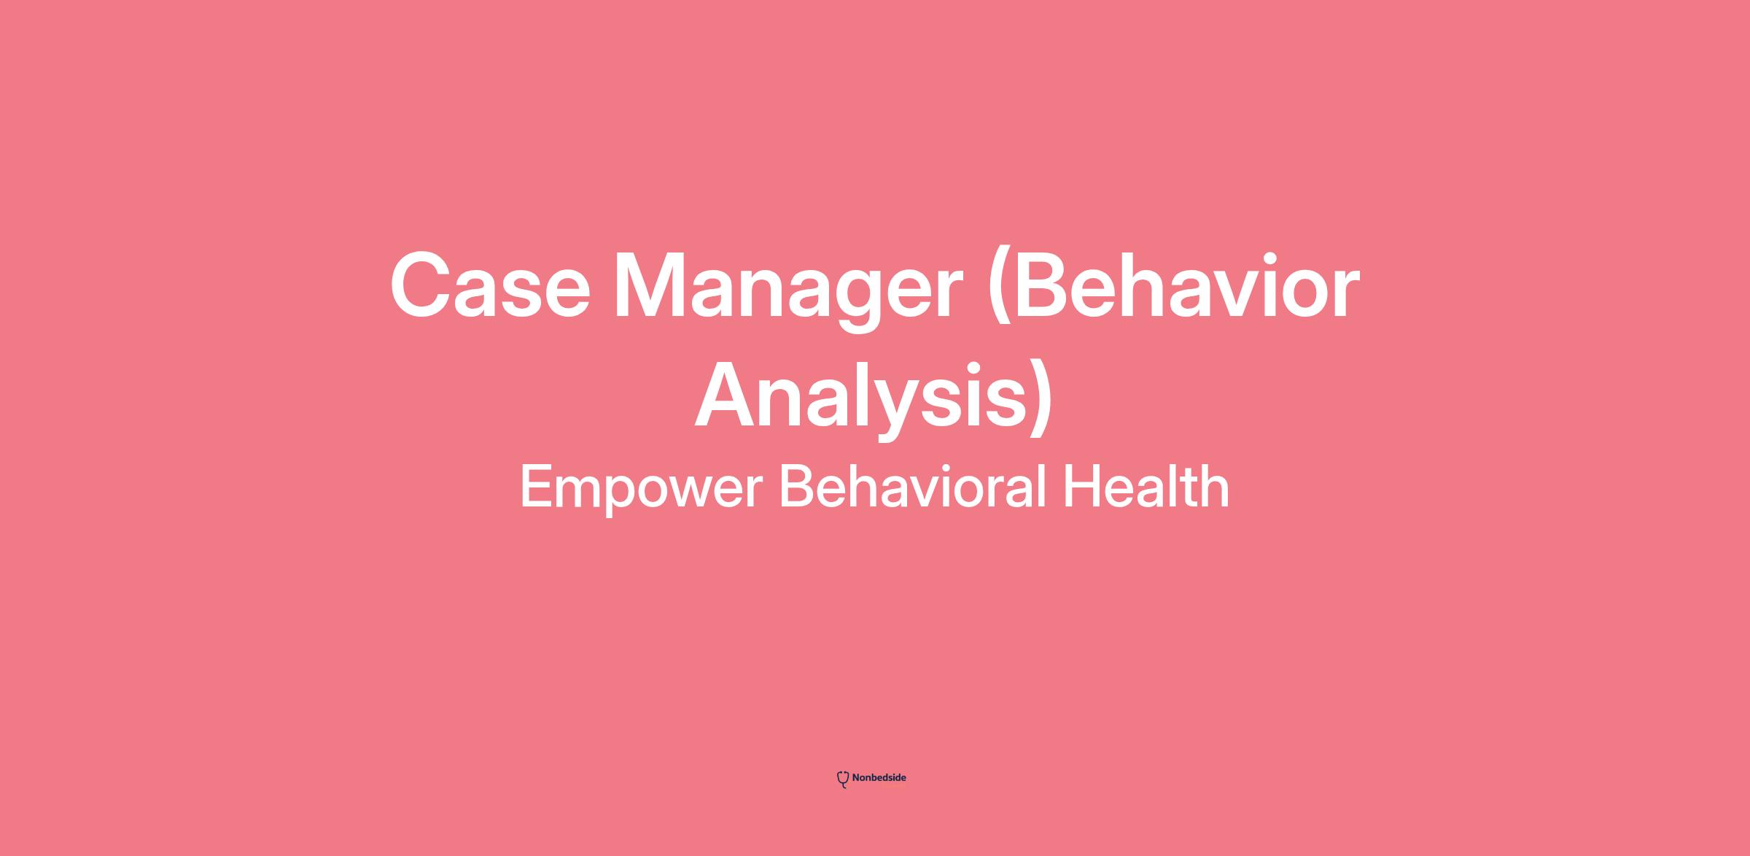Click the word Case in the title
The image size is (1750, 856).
[490, 286]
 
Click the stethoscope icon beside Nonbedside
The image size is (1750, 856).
[843, 779]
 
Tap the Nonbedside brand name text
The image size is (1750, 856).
[879, 778]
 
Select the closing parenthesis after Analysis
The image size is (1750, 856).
[1043, 402]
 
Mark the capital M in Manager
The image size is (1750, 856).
[652, 286]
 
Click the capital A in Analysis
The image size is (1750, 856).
[730, 396]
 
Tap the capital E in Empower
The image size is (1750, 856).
[537, 487]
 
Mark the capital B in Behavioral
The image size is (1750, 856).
[796, 487]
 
